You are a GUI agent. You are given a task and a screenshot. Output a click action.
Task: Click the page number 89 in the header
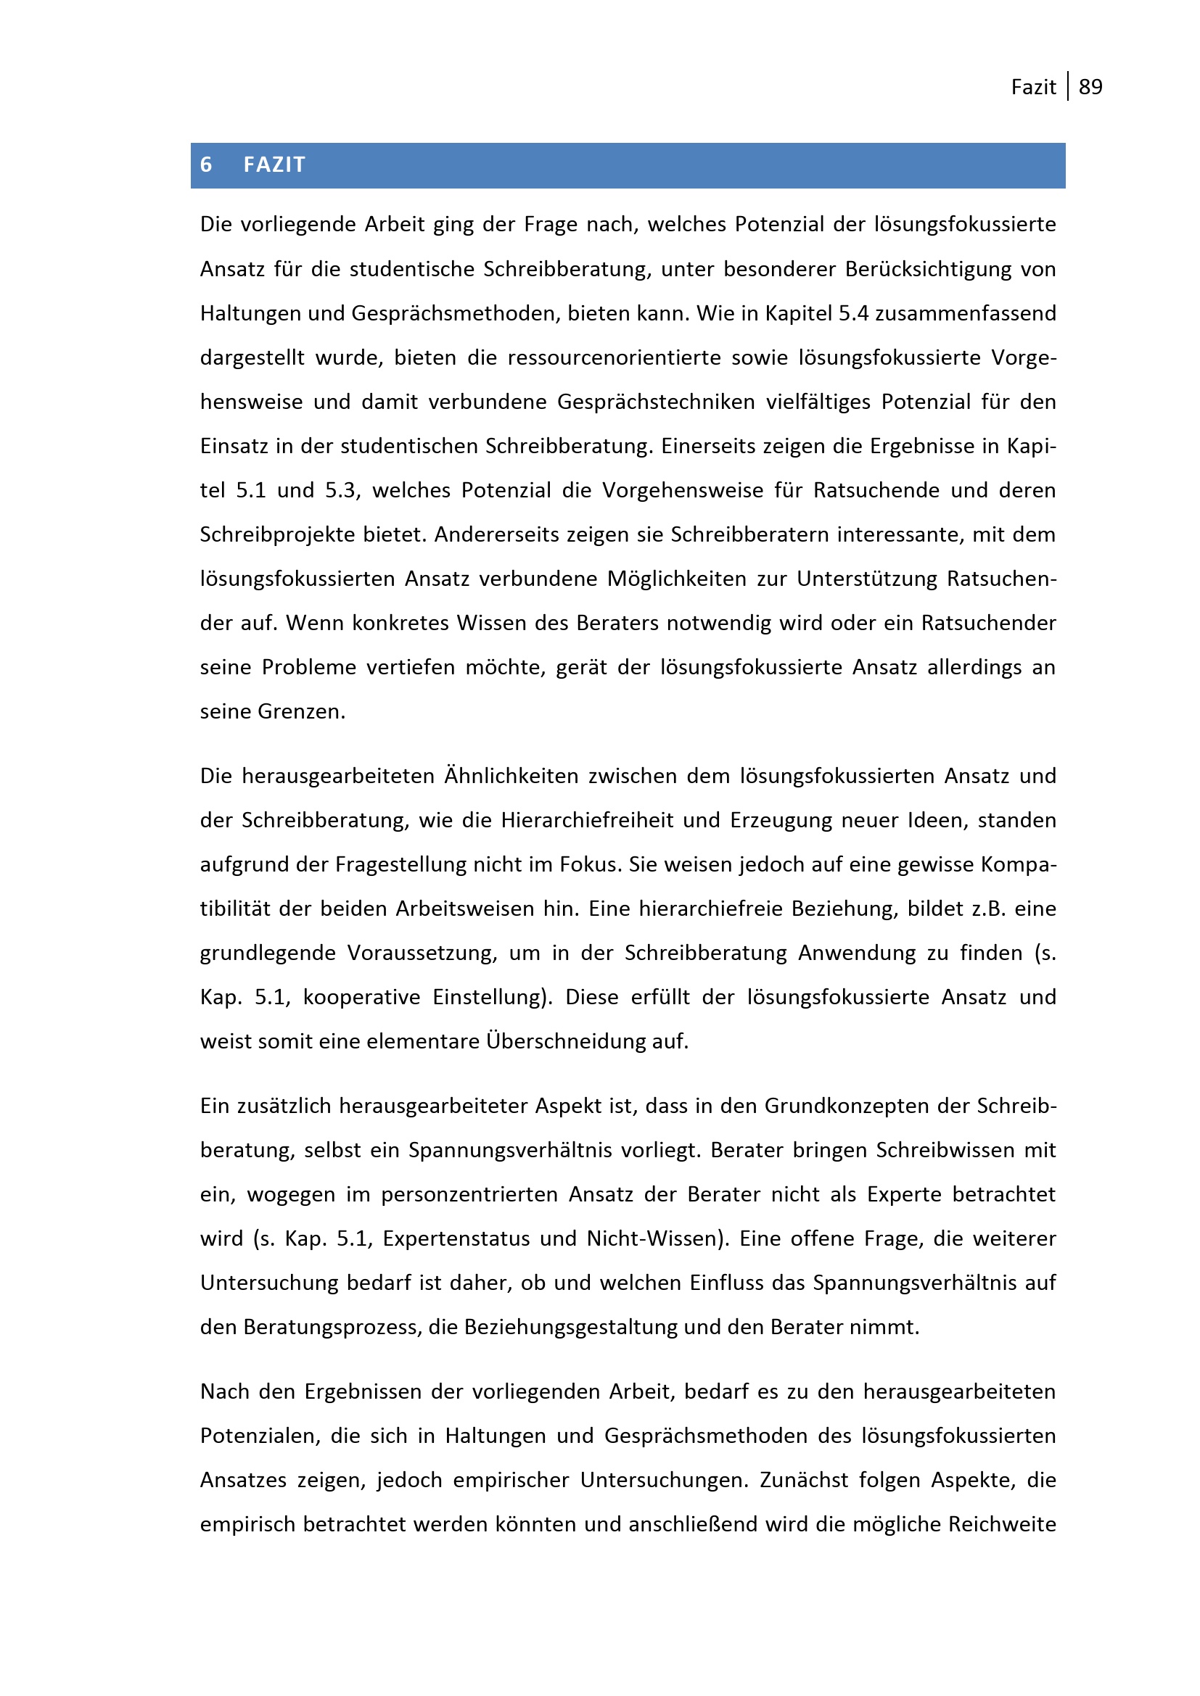[x=1090, y=87]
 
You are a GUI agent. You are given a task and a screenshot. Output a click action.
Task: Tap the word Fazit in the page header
[x=1033, y=87]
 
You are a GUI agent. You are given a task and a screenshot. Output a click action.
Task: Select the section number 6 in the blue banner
[x=206, y=165]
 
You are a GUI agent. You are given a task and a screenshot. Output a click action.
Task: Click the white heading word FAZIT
[x=274, y=165]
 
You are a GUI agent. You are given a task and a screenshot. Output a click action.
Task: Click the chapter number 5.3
[x=343, y=490]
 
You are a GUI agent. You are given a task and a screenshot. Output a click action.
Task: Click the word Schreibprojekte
[x=277, y=535]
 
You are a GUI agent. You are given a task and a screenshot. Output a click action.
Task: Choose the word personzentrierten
[x=469, y=1194]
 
